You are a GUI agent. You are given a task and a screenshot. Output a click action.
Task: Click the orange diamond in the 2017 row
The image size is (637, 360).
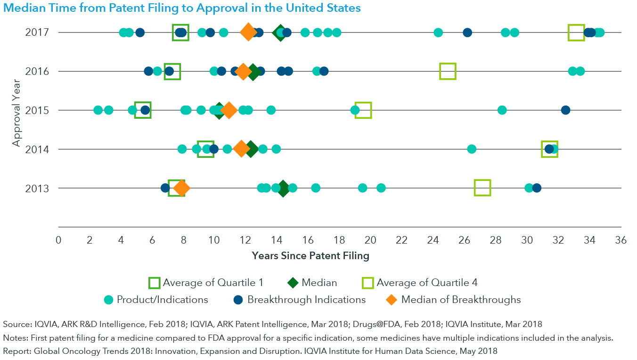pyautogui.click(x=248, y=33)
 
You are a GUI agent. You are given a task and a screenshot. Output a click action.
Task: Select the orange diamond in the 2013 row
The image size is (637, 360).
pyautogui.click(x=181, y=188)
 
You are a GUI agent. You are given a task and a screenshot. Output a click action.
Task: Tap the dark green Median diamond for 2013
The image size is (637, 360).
pyautogui.click(x=283, y=188)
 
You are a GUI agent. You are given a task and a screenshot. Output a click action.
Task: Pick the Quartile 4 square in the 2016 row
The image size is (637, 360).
pyautogui.click(x=448, y=71)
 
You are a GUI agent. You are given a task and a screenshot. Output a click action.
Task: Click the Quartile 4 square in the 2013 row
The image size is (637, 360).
pyautogui.click(x=482, y=188)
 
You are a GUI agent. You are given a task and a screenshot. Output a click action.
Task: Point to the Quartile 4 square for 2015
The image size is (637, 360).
pyautogui.click(x=363, y=110)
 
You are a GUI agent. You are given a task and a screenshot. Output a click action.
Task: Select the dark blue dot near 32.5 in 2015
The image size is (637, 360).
pyautogui.click(x=565, y=110)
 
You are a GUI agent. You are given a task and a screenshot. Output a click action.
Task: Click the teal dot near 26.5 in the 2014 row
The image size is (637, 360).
pyautogui.click(x=471, y=149)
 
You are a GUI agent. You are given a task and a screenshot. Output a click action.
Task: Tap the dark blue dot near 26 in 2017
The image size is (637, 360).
pyautogui.click(x=467, y=33)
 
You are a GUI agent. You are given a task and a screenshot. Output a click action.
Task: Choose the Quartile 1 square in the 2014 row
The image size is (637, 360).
pyautogui.click(x=205, y=149)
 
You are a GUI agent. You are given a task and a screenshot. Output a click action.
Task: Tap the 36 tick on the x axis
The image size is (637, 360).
pyautogui.click(x=621, y=240)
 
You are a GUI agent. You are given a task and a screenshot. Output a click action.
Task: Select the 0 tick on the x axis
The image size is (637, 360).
pyautogui.click(x=59, y=240)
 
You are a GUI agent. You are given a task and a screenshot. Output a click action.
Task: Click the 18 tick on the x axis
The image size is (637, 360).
pyautogui.click(x=339, y=240)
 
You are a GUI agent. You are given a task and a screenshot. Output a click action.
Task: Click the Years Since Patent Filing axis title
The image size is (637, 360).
pyautogui.click(x=310, y=256)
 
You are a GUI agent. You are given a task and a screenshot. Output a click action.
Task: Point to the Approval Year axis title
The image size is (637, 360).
pyautogui.click(x=17, y=110)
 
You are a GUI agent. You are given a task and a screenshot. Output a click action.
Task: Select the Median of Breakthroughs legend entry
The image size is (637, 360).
pyautogui.click(x=461, y=299)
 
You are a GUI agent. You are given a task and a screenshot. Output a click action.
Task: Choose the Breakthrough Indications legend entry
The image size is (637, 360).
pyautogui.click(x=306, y=299)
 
